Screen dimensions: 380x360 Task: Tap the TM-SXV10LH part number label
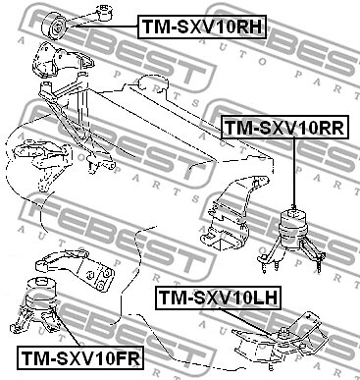point(221,295)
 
